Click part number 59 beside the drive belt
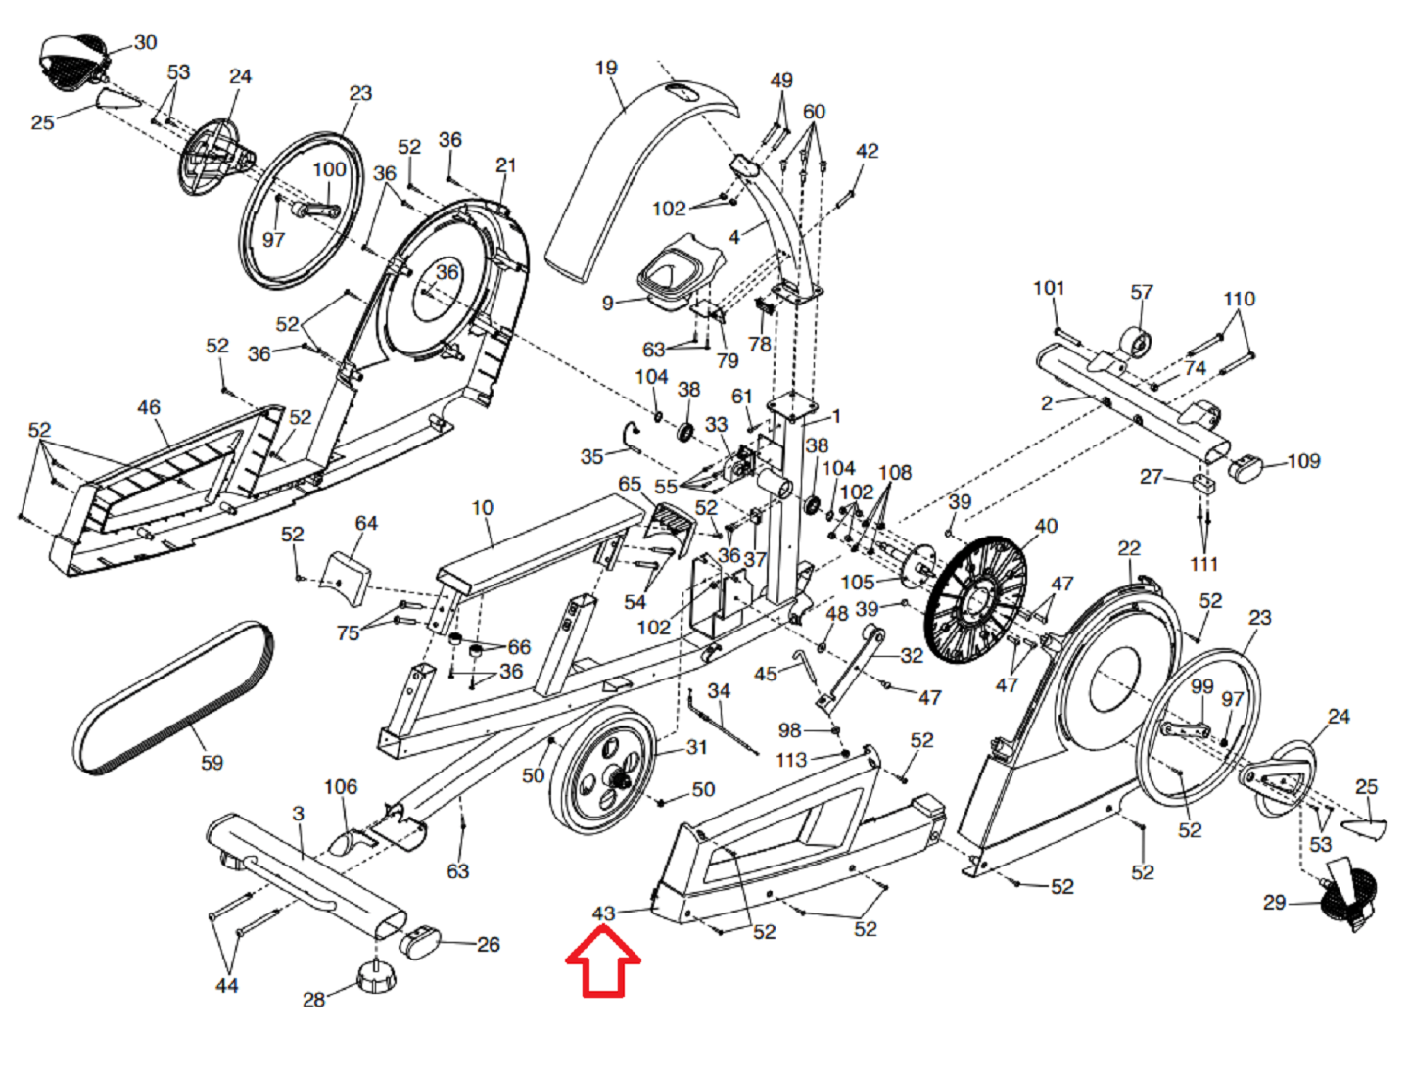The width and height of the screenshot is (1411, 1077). pyautogui.click(x=212, y=762)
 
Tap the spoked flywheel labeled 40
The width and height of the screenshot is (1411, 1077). pyautogui.click(x=975, y=598)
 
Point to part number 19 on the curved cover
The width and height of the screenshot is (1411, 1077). pyautogui.click(x=606, y=68)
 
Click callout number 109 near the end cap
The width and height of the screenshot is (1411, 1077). pyautogui.click(x=1303, y=460)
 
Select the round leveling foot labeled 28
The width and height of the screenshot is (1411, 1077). pyautogui.click(x=376, y=976)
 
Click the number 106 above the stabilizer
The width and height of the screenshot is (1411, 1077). pyautogui.click(x=340, y=786)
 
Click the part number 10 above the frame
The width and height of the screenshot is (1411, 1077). pyautogui.click(x=482, y=507)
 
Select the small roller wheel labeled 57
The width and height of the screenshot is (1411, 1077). pyautogui.click(x=1136, y=344)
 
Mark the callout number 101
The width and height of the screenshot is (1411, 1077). pyautogui.click(x=1048, y=288)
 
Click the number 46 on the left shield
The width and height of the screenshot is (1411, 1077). pyautogui.click(x=149, y=407)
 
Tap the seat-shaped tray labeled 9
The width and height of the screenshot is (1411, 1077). pyautogui.click(x=676, y=273)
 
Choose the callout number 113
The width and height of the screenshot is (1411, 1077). pyautogui.click(x=791, y=759)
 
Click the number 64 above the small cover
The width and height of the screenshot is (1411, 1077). pyautogui.click(x=366, y=523)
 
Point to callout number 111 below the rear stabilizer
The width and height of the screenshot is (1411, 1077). pyautogui.click(x=1204, y=563)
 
